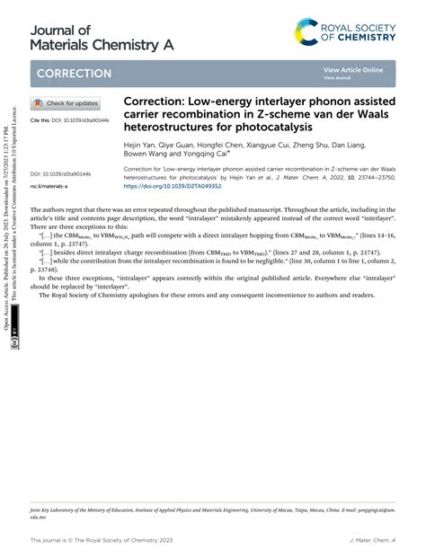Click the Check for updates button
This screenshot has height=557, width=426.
[67, 103]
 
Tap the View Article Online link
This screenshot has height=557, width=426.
[353, 69]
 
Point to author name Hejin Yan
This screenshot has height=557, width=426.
[140, 144]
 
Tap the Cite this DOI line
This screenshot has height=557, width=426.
[71, 119]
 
